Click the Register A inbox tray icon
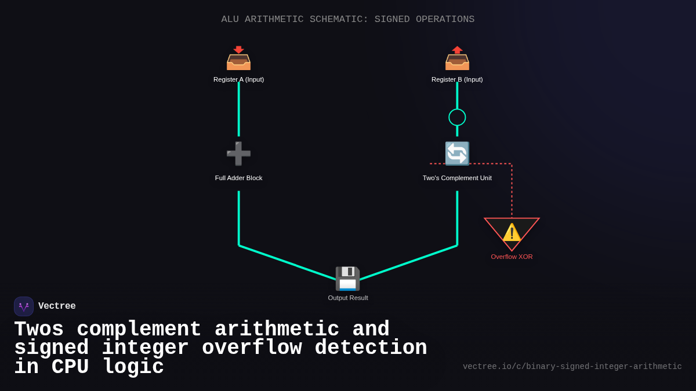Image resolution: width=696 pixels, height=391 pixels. [238, 59]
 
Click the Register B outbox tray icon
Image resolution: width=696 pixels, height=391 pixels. [457, 59]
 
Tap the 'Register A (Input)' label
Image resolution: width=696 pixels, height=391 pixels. [238, 79]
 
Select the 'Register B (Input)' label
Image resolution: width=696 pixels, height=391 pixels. [457, 79]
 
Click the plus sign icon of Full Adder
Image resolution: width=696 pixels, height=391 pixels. [238, 154]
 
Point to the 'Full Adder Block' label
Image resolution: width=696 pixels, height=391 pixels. [238, 178]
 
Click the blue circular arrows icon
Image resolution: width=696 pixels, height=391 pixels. [457, 154]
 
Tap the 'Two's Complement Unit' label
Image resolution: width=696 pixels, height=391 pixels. [457, 178]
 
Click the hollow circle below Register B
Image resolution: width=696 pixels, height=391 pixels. [457, 117]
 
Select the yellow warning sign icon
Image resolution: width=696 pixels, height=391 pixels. [512, 232]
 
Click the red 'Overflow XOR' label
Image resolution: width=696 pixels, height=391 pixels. [512, 257]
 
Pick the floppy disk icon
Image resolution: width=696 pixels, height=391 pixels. [347, 279]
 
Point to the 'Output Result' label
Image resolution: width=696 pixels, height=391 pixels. [347, 298]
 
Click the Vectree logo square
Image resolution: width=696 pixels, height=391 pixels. [24, 306]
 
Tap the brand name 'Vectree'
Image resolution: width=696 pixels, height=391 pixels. [57, 306]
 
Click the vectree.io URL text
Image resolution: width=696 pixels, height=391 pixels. [572, 367]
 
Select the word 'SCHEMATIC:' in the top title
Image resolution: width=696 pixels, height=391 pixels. [339, 19]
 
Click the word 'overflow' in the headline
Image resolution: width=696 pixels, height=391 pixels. [251, 348]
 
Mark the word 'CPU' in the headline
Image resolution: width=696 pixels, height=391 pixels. [70, 367]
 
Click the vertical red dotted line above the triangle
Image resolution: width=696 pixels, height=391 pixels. [512, 191]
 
